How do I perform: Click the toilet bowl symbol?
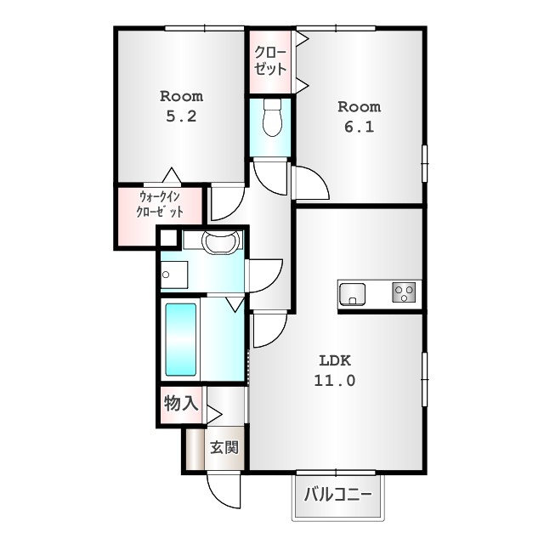[x=272, y=117]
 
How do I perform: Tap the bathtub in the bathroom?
[x=180, y=340]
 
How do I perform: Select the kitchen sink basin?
[x=352, y=294]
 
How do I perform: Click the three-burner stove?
[x=404, y=292]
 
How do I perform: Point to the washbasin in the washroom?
[x=221, y=241]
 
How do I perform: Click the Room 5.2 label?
[x=181, y=105]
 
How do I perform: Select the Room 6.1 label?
[x=359, y=116]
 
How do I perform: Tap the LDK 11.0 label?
[x=335, y=371]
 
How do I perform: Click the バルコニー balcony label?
[x=338, y=494]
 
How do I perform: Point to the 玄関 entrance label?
[x=224, y=447]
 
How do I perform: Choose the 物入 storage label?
[x=181, y=403]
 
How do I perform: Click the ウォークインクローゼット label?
[x=160, y=204]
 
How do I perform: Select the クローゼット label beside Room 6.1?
[x=270, y=60]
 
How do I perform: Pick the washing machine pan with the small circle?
[x=174, y=275]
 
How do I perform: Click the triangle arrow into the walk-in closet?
[x=172, y=175]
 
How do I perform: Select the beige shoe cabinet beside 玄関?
[x=195, y=449]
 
